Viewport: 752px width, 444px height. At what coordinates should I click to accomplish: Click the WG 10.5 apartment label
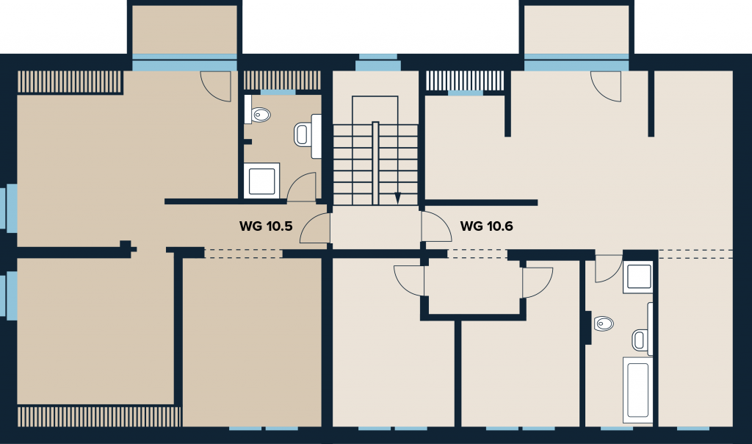[x=266, y=226]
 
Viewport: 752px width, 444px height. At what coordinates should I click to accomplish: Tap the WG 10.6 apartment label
[x=486, y=226]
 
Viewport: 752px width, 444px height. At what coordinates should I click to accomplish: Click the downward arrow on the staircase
[x=397, y=198]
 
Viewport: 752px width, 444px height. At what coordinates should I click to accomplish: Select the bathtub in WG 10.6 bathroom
[x=638, y=390]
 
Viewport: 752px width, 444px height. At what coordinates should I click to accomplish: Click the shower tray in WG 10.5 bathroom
[x=262, y=181]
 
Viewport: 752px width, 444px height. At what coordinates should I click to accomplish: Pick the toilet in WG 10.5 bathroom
[x=307, y=135]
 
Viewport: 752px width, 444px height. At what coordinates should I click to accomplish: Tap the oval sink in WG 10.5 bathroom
[x=261, y=115]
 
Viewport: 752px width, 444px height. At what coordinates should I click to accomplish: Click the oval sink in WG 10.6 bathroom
[x=604, y=323]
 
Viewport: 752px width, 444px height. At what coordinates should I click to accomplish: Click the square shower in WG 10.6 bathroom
[x=638, y=277]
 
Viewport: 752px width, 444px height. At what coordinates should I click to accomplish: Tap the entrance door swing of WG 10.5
[x=315, y=228]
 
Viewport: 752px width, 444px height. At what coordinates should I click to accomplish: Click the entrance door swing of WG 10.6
[x=436, y=226]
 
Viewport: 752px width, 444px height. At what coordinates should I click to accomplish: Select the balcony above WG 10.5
[x=184, y=29]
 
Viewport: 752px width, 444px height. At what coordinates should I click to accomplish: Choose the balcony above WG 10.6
[x=576, y=29]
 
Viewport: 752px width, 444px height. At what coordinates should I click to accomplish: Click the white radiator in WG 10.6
[x=465, y=81]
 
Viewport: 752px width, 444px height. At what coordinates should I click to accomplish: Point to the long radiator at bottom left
[x=99, y=416]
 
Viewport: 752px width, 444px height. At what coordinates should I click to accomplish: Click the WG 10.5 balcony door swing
[x=215, y=87]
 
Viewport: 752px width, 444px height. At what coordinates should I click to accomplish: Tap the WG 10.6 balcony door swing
[x=606, y=87]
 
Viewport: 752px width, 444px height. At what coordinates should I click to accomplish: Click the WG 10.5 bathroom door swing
[x=302, y=187]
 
